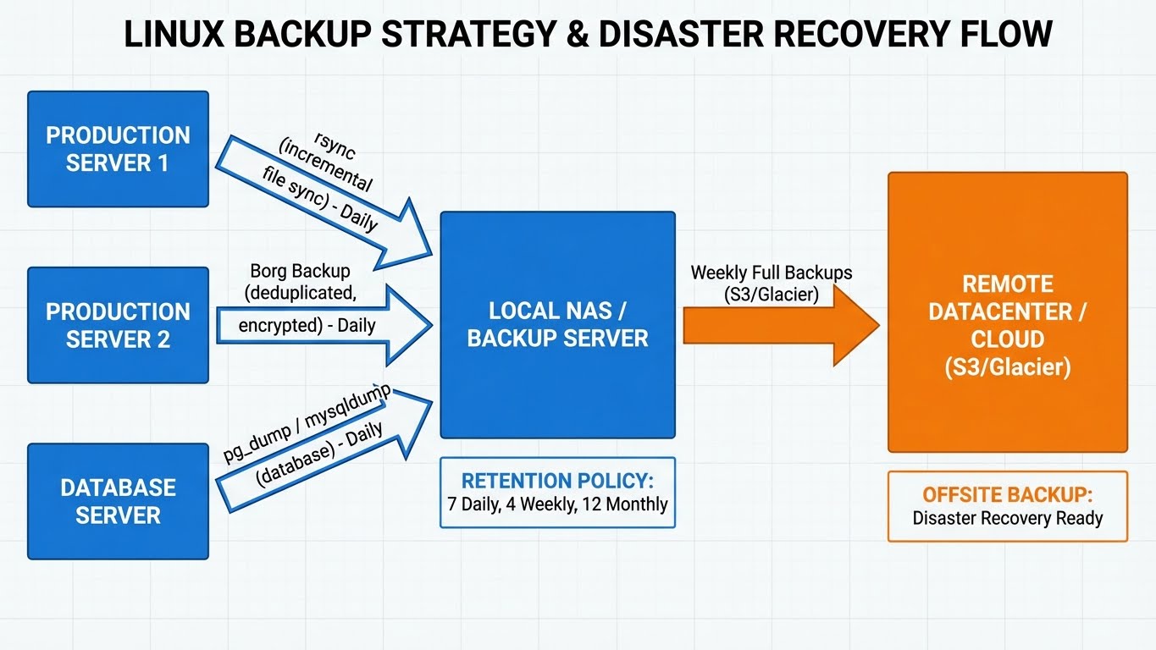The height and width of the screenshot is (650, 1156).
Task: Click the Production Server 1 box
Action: (118, 149)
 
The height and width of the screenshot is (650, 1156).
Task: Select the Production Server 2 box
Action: (118, 325)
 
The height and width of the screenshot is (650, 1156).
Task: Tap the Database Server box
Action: (118, 501)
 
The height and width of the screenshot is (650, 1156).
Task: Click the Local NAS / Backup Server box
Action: (557, 324)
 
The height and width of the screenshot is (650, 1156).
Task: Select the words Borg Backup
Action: (300, 272)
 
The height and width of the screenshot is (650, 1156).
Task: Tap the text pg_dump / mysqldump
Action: (307, 422)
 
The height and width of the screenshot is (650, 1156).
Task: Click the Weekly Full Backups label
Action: (772, 273)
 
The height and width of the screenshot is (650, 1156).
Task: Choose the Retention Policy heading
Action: (557, 481)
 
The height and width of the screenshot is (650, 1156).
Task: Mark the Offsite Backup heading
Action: (1007, 495)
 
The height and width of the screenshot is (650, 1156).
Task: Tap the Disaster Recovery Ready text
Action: (1007, 518)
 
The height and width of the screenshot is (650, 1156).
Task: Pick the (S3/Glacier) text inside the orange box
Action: (1007, 366)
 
